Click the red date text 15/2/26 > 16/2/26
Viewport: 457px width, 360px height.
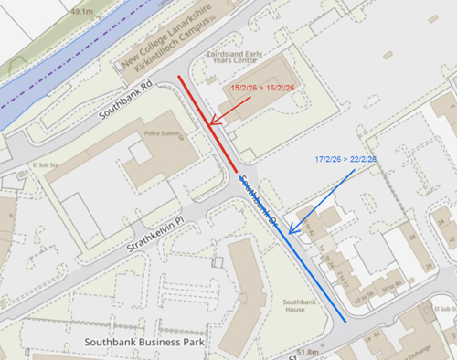click(261, 88)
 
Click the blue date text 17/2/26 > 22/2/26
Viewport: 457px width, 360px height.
click(345, 159)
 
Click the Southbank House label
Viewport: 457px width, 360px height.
click(299, 306)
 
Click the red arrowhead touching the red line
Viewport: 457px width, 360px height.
click(213, 122)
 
